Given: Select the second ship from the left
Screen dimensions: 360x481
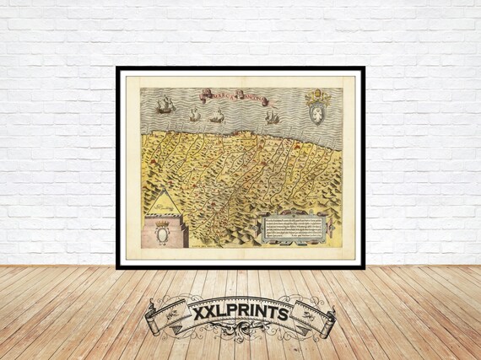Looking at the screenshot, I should pos(195,115).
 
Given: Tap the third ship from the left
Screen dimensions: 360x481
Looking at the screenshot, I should pos(217,116).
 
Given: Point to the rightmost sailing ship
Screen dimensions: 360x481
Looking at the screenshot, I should pos(272,116).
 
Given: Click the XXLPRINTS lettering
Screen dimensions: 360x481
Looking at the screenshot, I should pos(240,313).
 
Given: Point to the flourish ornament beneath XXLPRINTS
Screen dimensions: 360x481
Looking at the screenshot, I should pos(240,330).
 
